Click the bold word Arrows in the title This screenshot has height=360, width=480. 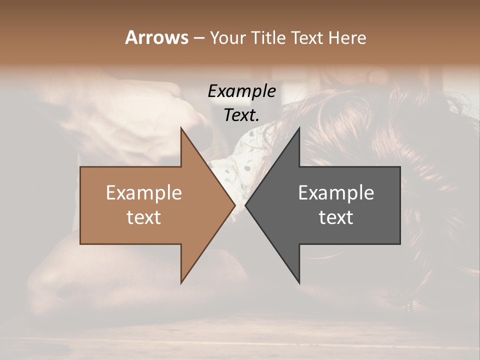(156, 37)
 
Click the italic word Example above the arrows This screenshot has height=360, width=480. (242, 91)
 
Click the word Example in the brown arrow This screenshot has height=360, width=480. (143, 192)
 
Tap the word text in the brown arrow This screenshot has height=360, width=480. (143, 217)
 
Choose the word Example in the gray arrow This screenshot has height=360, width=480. (336, 192)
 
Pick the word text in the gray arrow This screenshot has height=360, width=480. (336, 217)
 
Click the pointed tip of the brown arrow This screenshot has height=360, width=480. (234, 205)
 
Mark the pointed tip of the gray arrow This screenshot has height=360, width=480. (246, 205)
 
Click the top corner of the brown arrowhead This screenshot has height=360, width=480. (181, 127)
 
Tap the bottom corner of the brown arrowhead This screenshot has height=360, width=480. (181, 283)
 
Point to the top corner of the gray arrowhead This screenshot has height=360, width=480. (299, 127)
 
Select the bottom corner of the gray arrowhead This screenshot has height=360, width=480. (299, 283)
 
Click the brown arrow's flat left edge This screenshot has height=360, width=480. (80, 205)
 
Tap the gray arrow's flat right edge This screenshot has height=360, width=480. (400, 205)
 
